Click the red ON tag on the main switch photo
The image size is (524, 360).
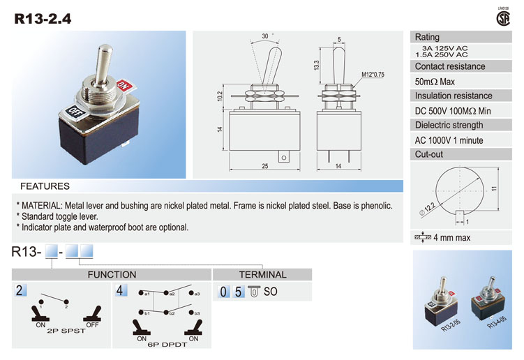pos(125,86)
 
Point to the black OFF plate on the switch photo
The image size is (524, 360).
pos(75,111)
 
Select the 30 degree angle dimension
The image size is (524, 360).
pos(265,36)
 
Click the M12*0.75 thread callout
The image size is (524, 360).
pos(374,74)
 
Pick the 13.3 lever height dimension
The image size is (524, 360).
pos(316,65)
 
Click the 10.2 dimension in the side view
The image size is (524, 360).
pos(220,96)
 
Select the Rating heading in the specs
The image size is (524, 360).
pos(427,37)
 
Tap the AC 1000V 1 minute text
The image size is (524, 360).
pos(448,140)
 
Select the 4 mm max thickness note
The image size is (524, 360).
pos(451,238)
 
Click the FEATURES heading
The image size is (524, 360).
pos(45,186)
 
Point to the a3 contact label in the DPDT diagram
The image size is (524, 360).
pos(197,294)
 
